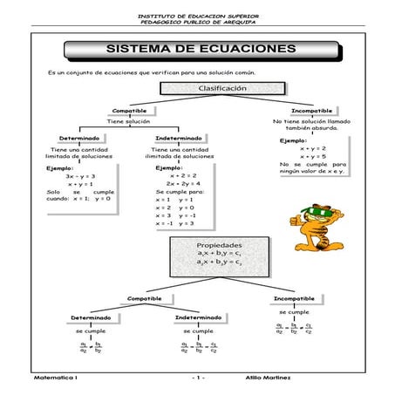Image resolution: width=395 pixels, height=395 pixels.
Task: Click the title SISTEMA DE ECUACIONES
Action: click(201, 49)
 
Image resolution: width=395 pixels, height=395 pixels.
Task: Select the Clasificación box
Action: click(222, 89)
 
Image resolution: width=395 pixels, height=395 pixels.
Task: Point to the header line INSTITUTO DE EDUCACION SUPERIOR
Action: click(199, 15)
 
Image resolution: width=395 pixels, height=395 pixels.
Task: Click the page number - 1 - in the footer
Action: click(198, 378)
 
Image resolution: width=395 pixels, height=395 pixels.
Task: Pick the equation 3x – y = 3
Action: click(80, 176)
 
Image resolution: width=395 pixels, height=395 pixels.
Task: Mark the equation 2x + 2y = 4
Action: click(184, 184)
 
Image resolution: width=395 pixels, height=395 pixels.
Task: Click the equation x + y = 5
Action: click(314, 157)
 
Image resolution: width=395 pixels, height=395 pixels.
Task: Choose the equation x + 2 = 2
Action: click(184, 176)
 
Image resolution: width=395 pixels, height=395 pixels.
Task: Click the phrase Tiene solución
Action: click(128, 122)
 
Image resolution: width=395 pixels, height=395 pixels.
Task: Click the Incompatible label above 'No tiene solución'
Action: click(311, 112)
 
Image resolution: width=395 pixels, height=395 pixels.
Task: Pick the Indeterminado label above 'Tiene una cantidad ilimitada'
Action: click(180, 139)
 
